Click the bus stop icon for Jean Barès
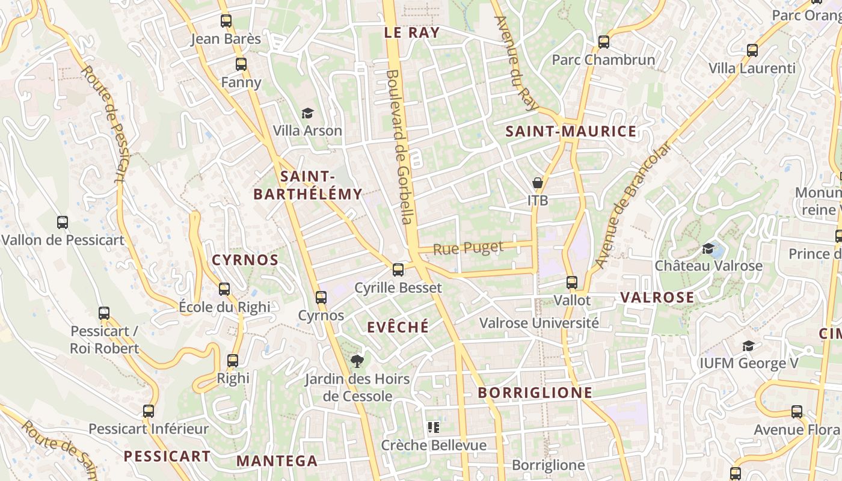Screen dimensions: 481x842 click(x=226, y=21)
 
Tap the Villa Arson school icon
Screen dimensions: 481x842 click(x=307, y=113)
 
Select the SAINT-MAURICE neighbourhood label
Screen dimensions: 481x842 click(x=571, y=132)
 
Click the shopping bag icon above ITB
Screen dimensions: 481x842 click(x=538, y=182)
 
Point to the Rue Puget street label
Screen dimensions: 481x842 click(x=468, y=248)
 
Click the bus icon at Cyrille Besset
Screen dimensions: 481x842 click(x=398, y=269)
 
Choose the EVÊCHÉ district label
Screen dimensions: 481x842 click(x=398, y=326)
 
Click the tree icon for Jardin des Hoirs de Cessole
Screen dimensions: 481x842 click(x=357, y=361)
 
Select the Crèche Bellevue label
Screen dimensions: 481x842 click(x=434, y=446)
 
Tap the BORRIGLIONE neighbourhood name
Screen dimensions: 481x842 click(x=535, y=393)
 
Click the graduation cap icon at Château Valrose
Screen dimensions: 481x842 click(x=708, y=248)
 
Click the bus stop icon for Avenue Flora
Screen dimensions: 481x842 click(x=797, y=412)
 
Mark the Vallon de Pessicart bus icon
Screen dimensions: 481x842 click(x=63, y=222)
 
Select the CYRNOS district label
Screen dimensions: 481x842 click(x=245, y=260)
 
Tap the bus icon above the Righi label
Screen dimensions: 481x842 click(x=233, y=361)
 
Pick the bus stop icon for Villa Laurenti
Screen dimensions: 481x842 click(x=752, y=51)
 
